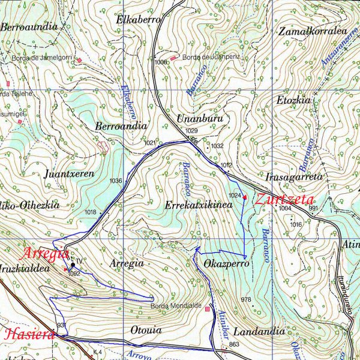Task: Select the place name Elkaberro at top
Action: click(139, 20)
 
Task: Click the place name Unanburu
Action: click(200, 118)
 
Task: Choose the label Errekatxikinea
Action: click(198, 205)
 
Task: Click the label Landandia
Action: click(259, 331)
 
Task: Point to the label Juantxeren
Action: click(70, 174)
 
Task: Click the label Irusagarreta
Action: click(294, 177)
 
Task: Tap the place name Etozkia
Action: click(293, 100)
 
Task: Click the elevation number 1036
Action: click(116, 181)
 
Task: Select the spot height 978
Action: click(245, 299)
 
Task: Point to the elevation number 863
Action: click(234, 344)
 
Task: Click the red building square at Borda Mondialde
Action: click(208, 309)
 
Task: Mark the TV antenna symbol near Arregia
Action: click(73, 264)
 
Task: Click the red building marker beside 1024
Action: click(245, 197)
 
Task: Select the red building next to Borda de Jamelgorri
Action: click(79, 60)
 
